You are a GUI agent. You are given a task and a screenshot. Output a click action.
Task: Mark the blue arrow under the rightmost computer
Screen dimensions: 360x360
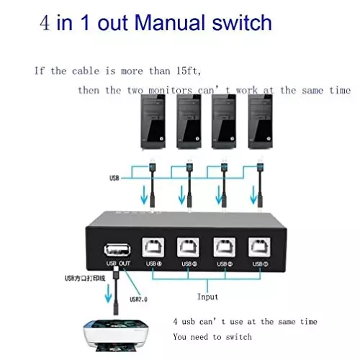(x=253, y=194)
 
